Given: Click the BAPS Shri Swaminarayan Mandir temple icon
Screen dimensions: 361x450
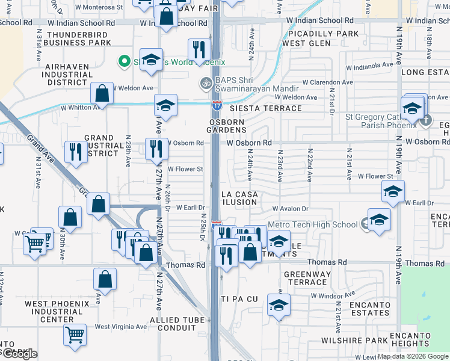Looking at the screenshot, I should tap(205, 82).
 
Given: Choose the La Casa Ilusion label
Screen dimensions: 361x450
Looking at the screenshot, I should tap(239, 198).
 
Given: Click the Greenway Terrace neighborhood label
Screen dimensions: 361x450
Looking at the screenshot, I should tap(307, 278).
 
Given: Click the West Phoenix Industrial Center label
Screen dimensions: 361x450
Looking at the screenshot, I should tap(57, 311).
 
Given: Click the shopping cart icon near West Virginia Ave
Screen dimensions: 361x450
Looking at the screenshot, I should tap(75, 335).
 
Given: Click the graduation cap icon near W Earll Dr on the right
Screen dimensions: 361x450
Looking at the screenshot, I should tap(392, 192).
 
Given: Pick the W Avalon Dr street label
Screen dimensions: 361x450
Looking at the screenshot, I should tap(290, 209).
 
